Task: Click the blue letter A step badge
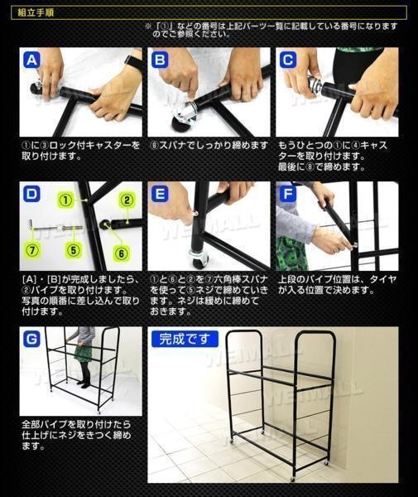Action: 31,60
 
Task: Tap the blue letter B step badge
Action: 160,60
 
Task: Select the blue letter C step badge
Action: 288,60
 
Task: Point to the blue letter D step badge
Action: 31,194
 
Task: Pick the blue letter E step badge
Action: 160,194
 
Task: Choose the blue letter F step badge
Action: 288,194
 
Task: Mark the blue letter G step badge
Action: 31,339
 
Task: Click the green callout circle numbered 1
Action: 65,200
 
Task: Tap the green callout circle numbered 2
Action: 127,200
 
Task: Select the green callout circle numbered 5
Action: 74,250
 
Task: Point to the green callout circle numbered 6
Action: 122,253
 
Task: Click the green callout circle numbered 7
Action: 32,250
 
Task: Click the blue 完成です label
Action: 185,339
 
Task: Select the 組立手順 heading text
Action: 36,12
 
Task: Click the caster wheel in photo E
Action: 198,259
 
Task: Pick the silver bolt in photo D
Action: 56,226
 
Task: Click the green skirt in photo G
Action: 83,354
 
